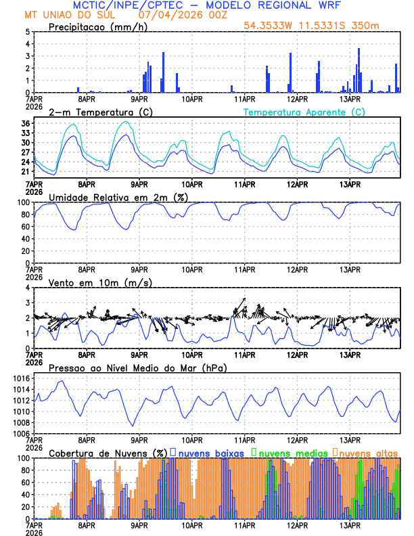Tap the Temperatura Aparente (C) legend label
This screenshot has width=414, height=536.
click(x=304, y=112)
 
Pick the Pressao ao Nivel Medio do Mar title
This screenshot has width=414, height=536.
click(x=137, y=367)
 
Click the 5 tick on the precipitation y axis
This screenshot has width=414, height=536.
click(x=27, y=32)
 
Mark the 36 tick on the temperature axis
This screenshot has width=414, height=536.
click(x=25, y=124)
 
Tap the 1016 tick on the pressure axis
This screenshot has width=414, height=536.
click(x=21, y=378)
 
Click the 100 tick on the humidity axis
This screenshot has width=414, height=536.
click(x=23, y=202)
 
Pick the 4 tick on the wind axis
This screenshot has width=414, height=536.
click(x=27, y=288)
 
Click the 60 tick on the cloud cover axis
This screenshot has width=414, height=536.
click(x=25, y=483)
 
